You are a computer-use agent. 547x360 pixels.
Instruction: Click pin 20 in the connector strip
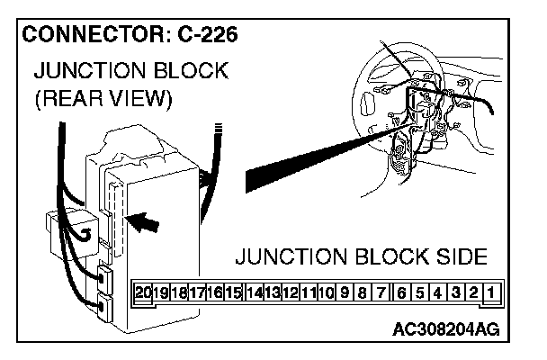[x=144, y=292]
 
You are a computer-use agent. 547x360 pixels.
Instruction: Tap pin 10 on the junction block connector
[x=326, y=292]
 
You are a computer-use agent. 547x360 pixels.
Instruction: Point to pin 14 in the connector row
[x=254, y=292]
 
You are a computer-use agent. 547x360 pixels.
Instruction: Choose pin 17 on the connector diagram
[x=197, y=292]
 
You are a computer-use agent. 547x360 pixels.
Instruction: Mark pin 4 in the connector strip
[x=436, y=292]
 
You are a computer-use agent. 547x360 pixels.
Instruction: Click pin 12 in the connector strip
[x=290, y=292]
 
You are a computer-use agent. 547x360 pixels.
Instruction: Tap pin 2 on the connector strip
[x=472, y=292]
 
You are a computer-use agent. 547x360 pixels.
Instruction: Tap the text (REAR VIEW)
[x=101, y=99]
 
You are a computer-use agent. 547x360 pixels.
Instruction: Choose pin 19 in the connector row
[x=162, y=292]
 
